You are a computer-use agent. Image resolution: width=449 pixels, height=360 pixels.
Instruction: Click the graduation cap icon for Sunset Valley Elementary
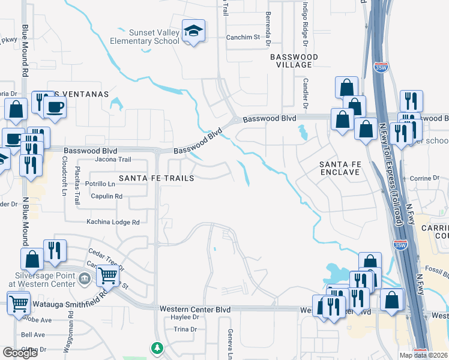point(194,32)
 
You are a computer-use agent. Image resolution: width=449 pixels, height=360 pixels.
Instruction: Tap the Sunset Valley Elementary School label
point(145,37)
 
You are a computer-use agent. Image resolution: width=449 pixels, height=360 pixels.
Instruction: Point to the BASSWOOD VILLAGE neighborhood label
point(294,61)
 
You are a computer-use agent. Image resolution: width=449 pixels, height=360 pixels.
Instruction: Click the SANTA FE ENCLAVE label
point(339,167)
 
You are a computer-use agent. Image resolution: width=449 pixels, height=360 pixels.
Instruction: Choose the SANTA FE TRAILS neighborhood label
point(155,178)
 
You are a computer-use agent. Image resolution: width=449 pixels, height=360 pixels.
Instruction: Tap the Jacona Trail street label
point(113,160)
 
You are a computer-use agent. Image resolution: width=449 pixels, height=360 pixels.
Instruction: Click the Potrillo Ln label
point(100,184)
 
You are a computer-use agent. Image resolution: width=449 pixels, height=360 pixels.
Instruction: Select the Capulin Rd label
point(106,196)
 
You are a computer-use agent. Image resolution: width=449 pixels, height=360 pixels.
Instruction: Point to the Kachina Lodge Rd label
point(113,222)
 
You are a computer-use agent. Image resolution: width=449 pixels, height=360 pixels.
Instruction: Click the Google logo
point(20,353)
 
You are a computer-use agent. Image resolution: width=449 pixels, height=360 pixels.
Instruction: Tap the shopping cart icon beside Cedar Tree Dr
point(107,277)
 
